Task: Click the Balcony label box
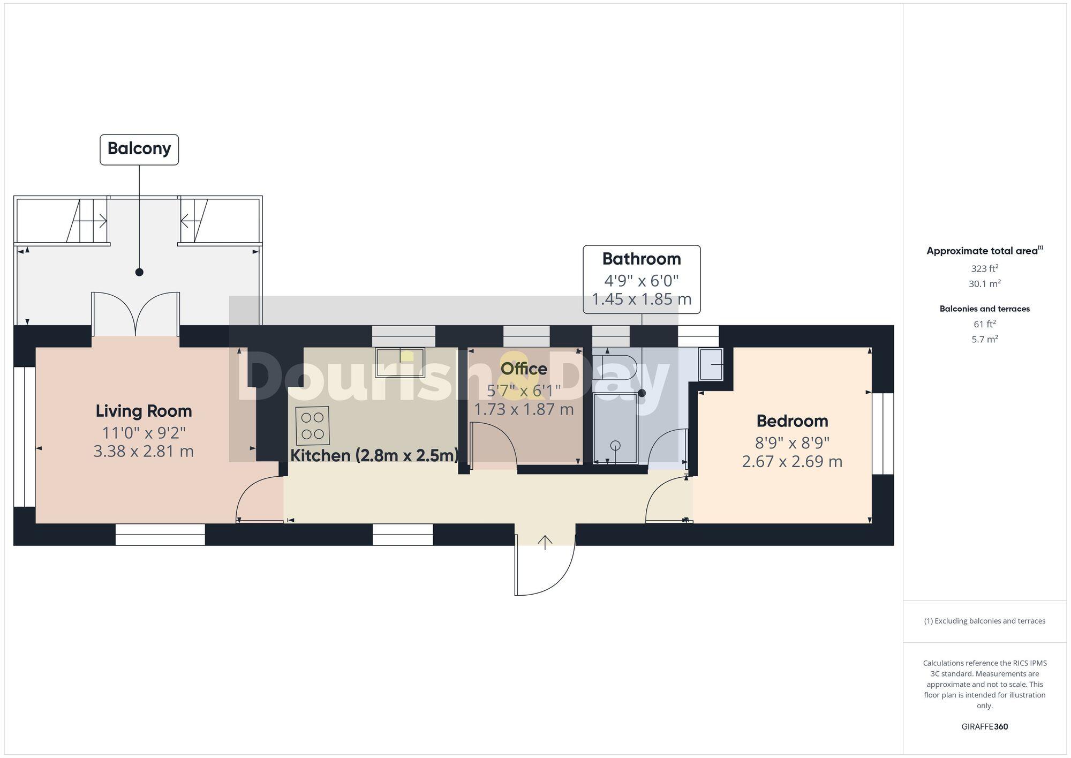point(139,149)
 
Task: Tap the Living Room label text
point(144,411)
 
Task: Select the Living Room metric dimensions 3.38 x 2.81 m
point(144,451)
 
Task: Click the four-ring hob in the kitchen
point(312,425)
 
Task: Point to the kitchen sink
point(400,362)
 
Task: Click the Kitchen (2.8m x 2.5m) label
point(374,455)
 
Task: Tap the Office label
point(524,369)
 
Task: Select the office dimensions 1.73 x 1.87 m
point(524,410)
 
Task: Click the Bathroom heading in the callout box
point(642,259)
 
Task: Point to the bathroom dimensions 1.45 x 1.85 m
point(642,299)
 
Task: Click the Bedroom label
point(792,421)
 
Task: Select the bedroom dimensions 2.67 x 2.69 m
point(792,461)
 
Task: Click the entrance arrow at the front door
point(545,542)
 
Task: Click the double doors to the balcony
point(135,313)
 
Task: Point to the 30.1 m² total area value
point(984,284)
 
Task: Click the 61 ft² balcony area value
point(984,324)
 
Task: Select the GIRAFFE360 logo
point(984,726)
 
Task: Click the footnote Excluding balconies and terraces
point(984,621)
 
